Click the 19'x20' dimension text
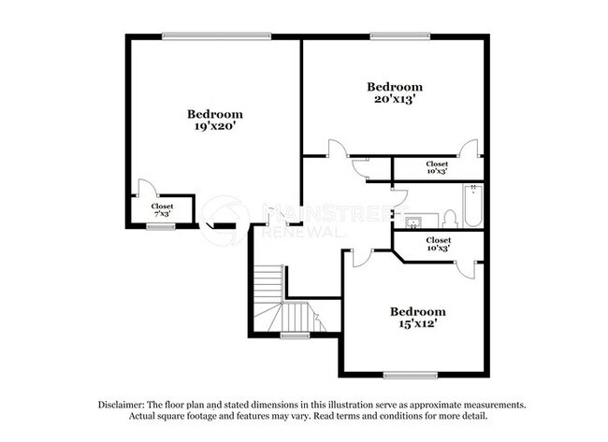tap(214, 125)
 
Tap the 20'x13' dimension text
tap(394, 98)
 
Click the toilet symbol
tap(449, 219)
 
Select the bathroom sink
tap(413, 221)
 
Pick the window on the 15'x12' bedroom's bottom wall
tap(410, 375)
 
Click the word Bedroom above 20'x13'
tap(394, 86)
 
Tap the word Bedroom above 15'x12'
tap(418, 311)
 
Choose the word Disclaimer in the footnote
tap(127, 405)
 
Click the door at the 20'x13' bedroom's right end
tap(470, 150)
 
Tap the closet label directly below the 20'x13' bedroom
tap(437, 167)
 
